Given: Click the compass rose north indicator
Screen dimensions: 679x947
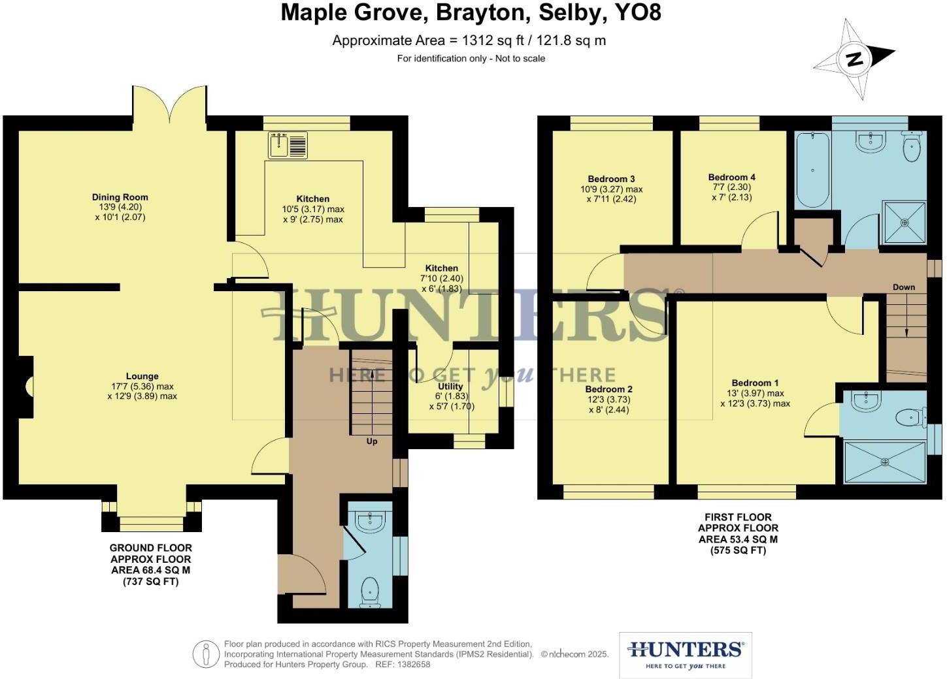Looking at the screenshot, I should tap(854, 59).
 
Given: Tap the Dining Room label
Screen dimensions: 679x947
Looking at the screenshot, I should tap(120, 197).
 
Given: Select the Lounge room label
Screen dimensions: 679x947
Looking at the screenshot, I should tap(142, 376).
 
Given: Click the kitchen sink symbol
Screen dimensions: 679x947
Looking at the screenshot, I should tap(288, 145).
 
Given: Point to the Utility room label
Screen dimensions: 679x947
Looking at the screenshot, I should tap(450, 387).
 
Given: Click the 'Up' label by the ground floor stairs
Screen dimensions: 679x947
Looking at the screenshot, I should tap(371, 441).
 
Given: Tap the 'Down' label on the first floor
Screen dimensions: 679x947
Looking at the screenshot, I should tap(904, 287).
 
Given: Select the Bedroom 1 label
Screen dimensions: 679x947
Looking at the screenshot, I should tap(755, 383).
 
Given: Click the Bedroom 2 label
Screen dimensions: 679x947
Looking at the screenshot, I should tap(608, 389).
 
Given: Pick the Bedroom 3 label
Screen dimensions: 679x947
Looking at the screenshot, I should tap(611, 179).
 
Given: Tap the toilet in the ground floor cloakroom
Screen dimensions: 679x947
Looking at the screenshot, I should tap(370, 590).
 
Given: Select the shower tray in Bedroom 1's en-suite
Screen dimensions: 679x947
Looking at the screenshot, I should tap(885, 462).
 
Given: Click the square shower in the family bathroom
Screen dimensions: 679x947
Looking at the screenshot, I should tap(905, 222).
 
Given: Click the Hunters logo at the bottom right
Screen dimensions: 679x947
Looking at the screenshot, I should tap(685, 654).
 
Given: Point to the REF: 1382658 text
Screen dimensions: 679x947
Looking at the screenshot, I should tap(403, 665).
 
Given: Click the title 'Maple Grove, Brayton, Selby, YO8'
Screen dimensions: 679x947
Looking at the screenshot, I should tap(471, 13).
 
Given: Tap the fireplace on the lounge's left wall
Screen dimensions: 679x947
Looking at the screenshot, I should tap(26, 386).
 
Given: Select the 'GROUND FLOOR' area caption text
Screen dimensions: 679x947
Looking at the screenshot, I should tap(150, 548).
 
